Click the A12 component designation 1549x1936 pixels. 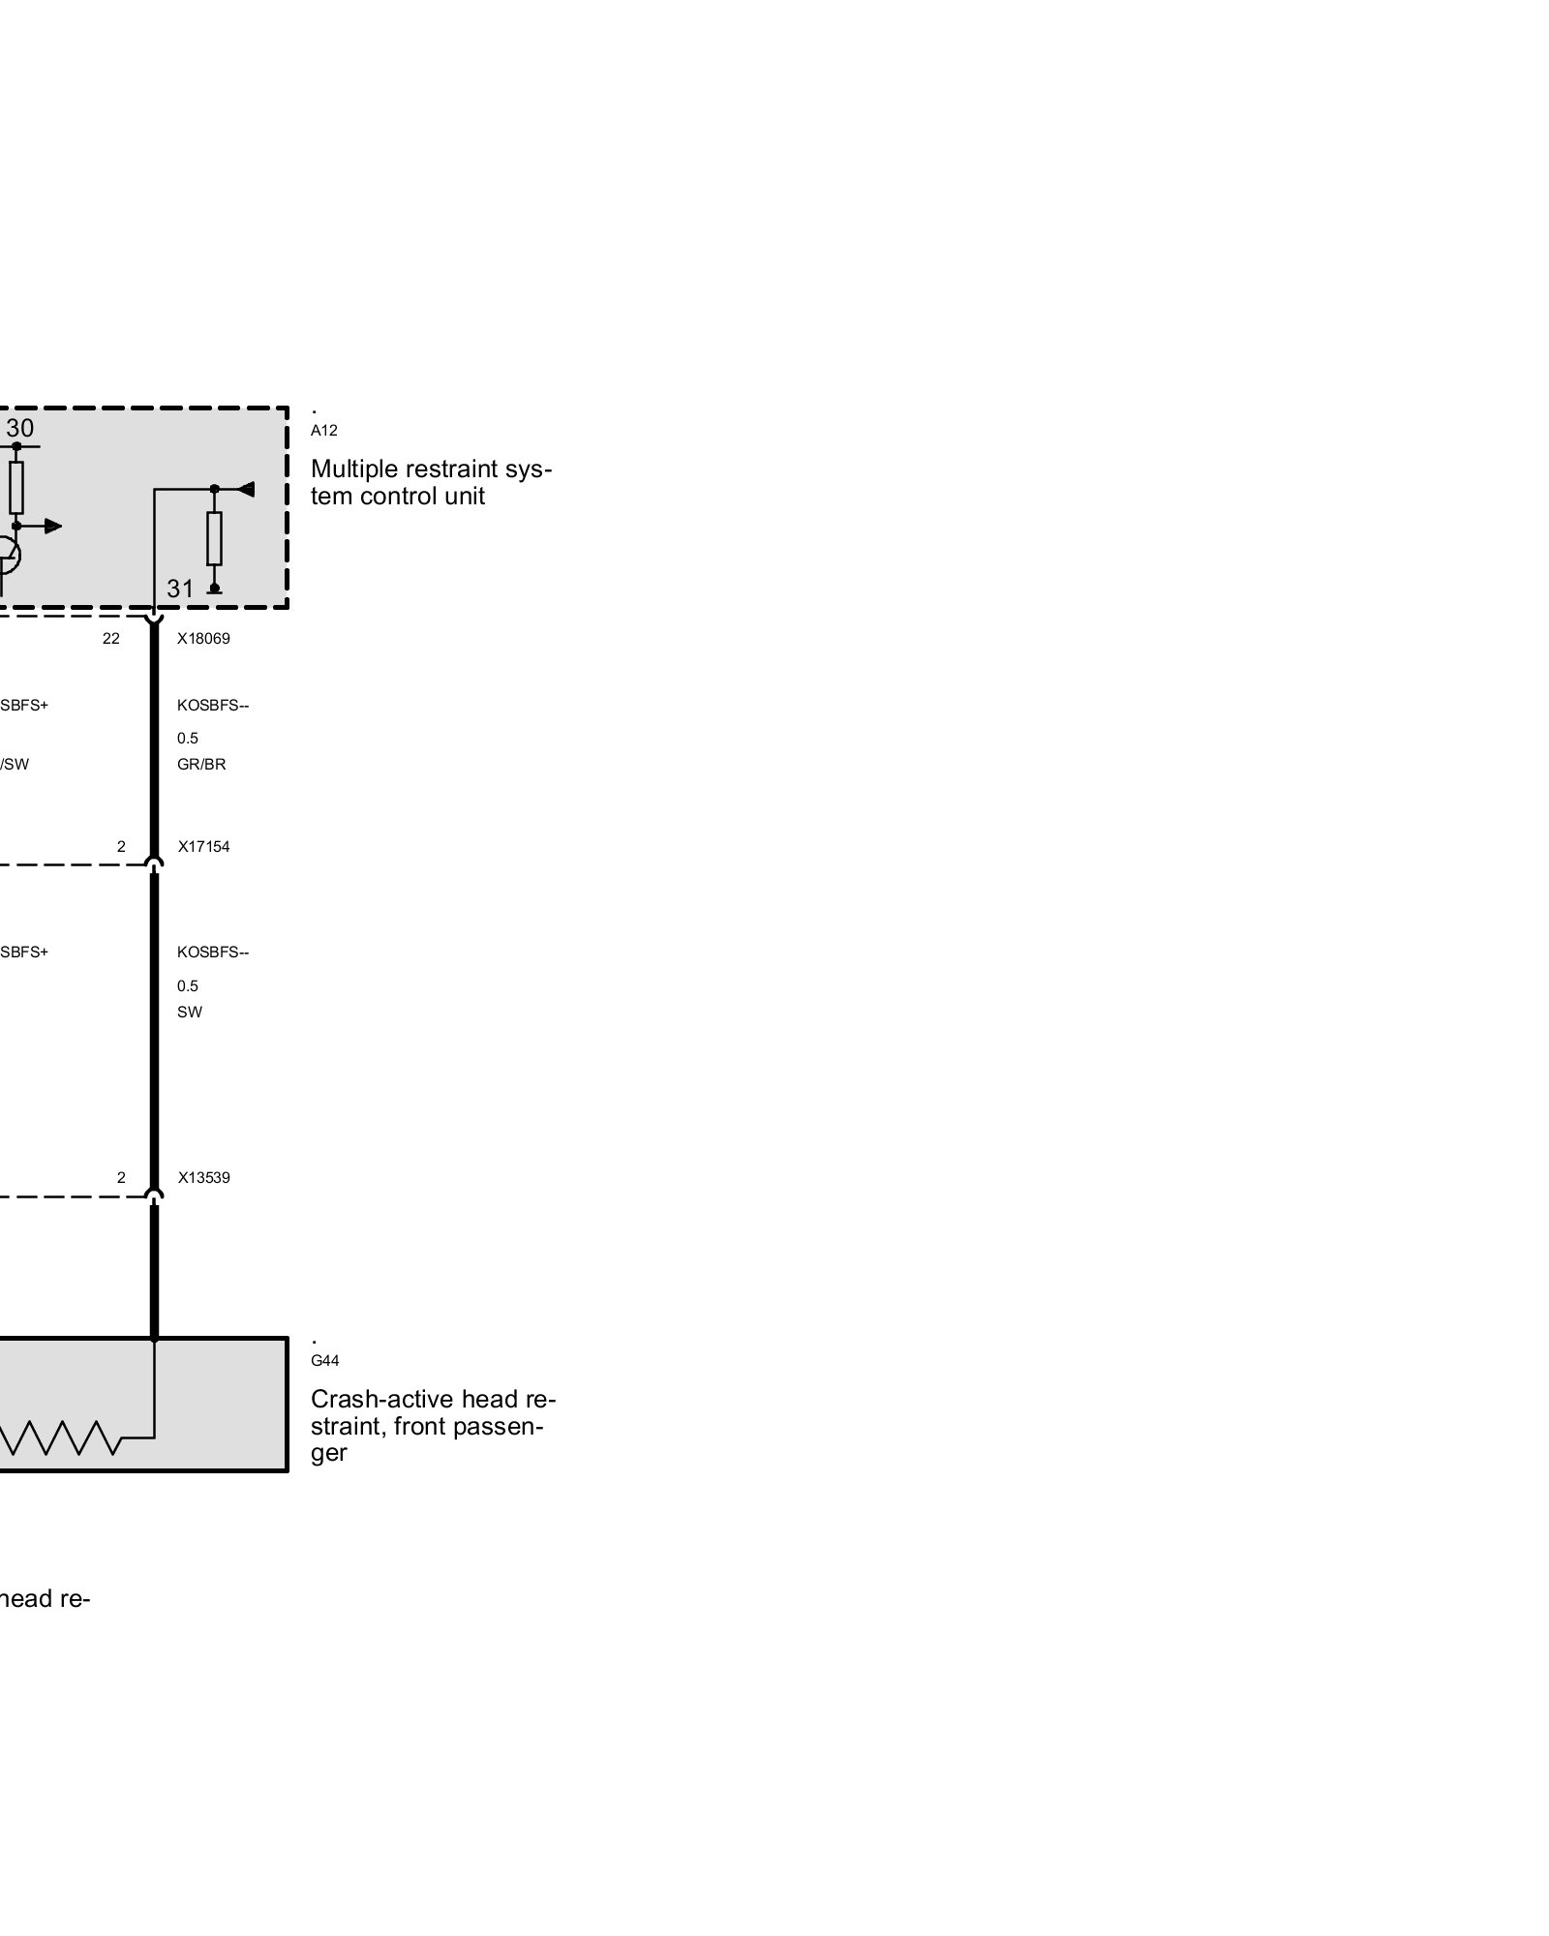323,431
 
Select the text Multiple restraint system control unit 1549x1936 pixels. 431,482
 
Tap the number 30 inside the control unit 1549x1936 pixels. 19,428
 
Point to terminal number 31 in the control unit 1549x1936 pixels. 180,589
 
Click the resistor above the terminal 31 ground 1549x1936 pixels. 214,538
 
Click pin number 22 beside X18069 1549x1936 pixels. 111,639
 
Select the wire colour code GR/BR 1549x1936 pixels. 201,765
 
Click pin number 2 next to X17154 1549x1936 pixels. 121,847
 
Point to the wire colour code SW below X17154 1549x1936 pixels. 190,1013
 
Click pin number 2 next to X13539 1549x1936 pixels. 121,1178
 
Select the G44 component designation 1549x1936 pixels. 324,1361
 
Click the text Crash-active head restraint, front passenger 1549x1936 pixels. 433,1426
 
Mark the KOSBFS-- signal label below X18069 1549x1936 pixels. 213,706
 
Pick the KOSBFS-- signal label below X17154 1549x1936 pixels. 213,953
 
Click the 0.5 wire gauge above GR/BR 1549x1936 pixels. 187,739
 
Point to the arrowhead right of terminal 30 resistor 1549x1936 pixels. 52,526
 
